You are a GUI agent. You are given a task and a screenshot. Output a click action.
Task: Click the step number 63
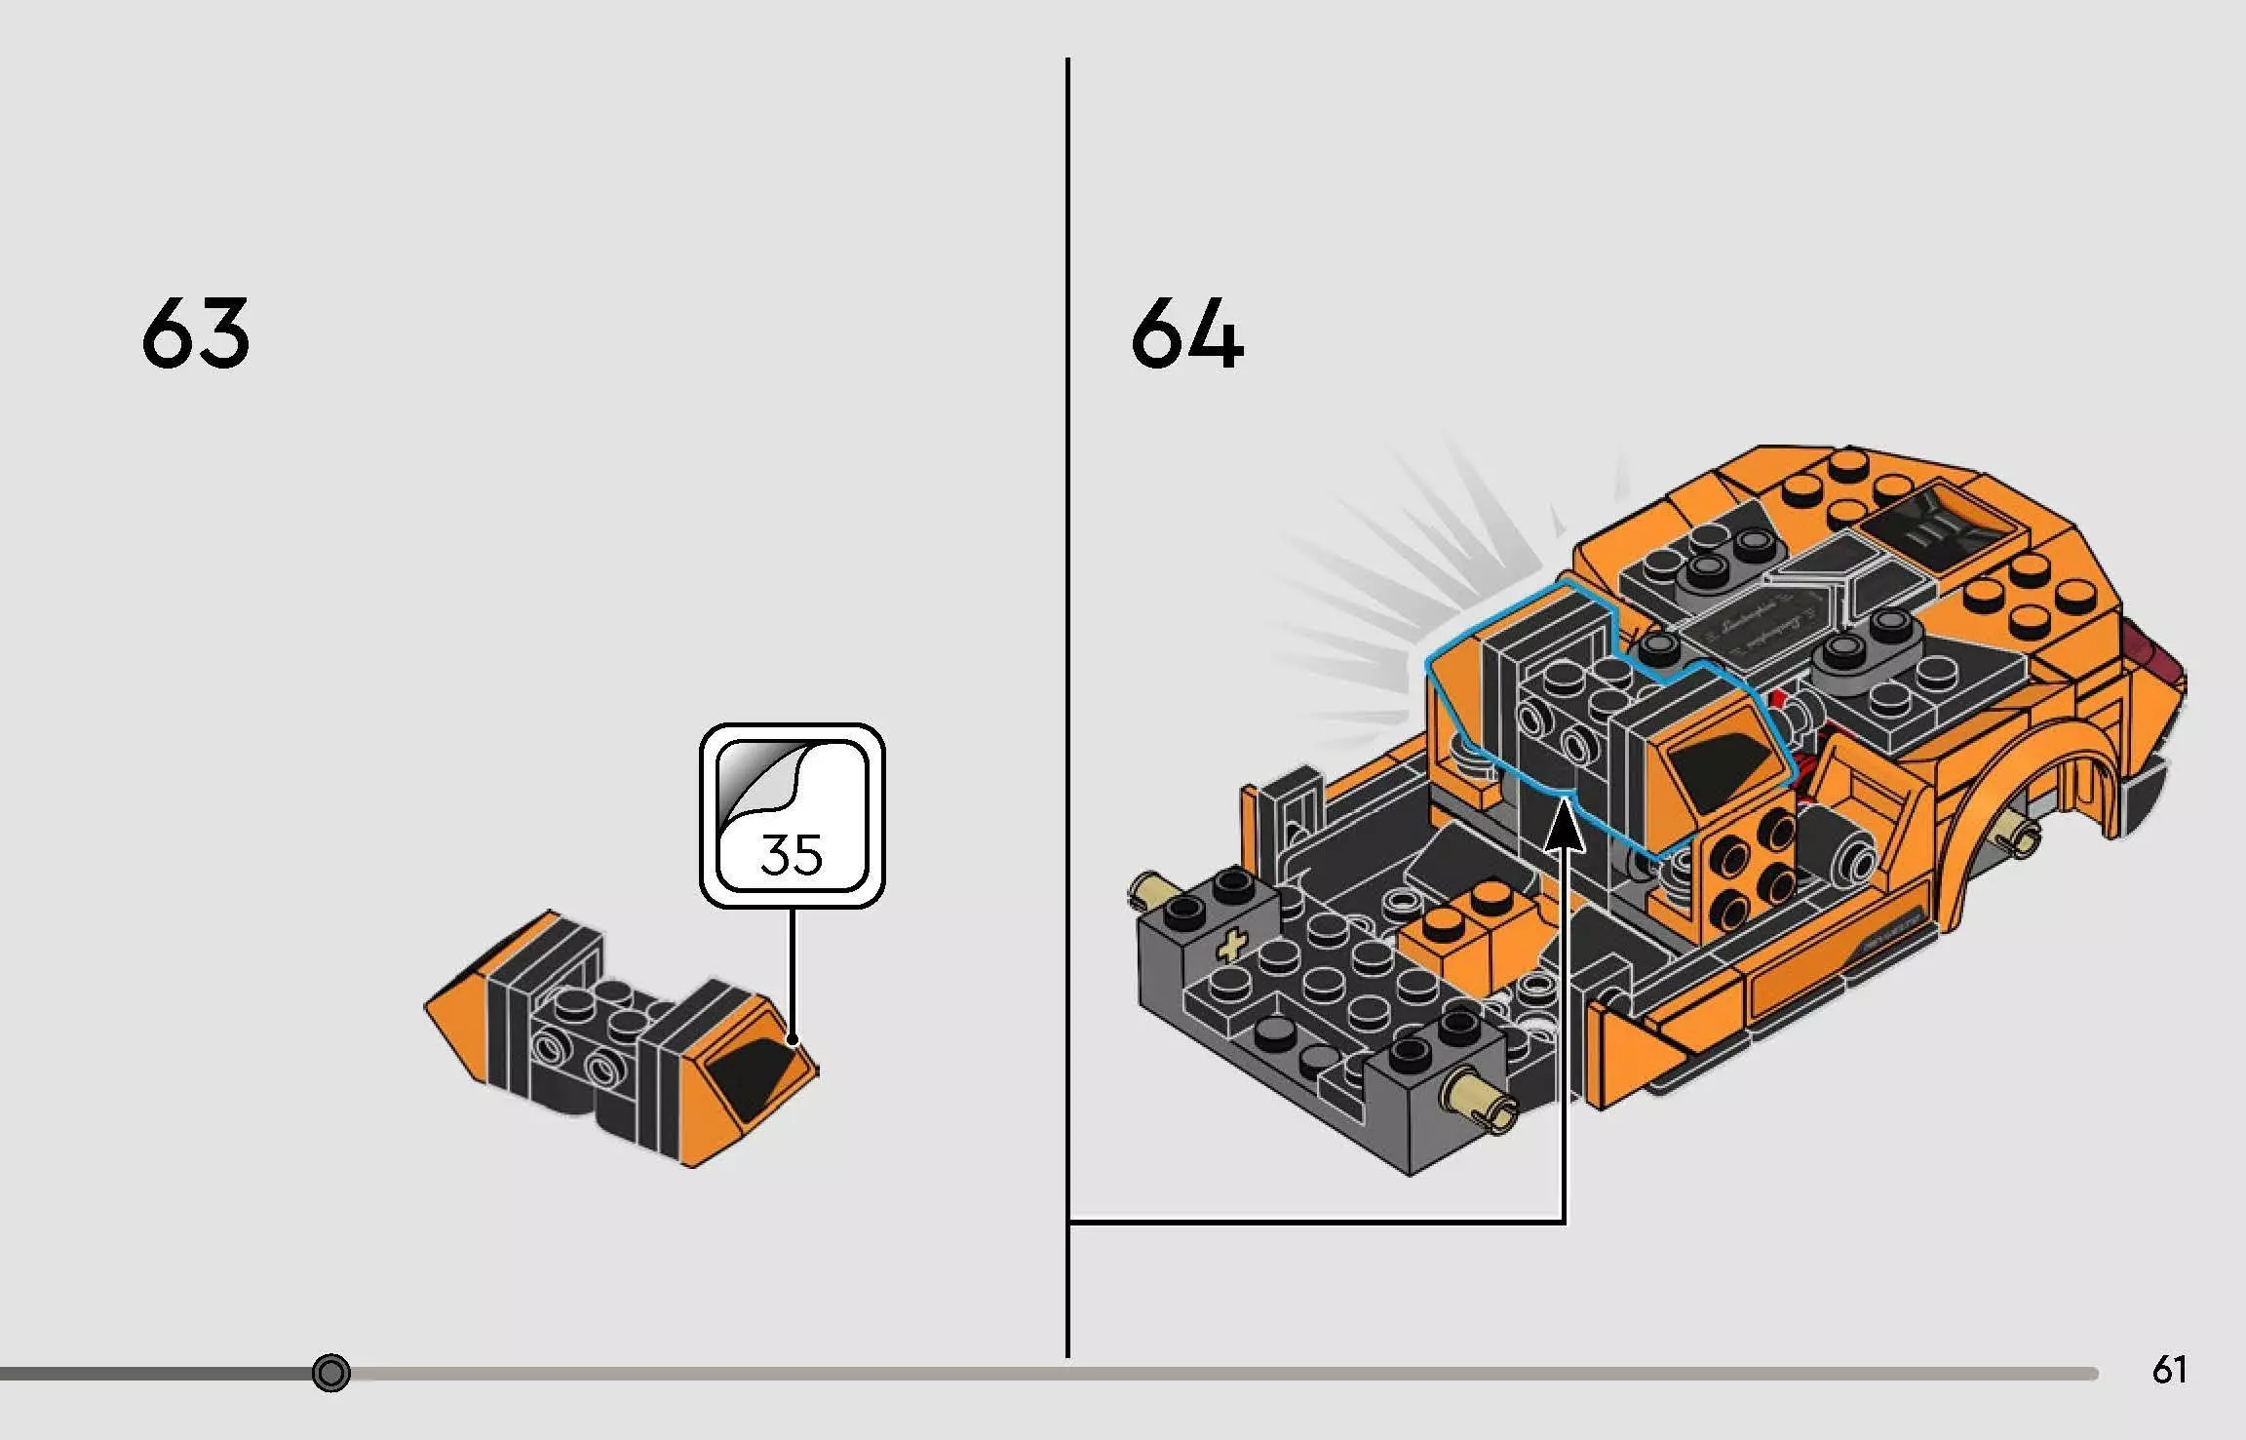point(195,334)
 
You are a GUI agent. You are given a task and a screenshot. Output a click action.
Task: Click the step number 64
point(1186,334)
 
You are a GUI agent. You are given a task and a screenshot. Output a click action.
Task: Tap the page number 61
point(2169,1370)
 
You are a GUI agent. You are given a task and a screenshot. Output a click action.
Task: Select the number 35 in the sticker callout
point(791,854)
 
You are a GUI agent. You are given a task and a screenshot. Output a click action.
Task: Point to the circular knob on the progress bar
point(331,1373)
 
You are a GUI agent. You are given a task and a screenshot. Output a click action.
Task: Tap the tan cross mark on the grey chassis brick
point(1232,945)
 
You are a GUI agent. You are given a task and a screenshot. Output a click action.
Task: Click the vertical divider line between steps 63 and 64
point(1067,682)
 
